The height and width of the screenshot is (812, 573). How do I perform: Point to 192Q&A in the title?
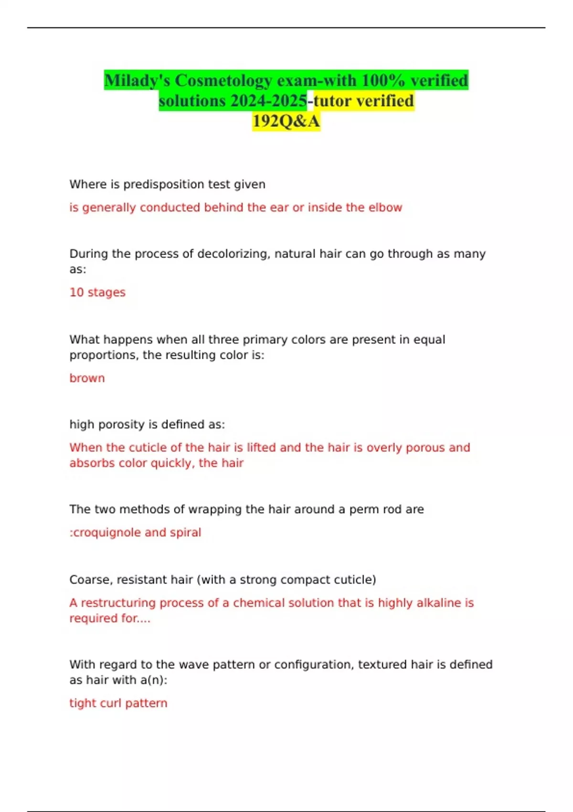click(x=286, y=121)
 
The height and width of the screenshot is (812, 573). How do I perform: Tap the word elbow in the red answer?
click(x=385, y=207)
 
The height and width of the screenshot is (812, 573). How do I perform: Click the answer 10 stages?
click(x=97, y=292)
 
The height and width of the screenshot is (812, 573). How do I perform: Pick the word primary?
click(x=262, y=340)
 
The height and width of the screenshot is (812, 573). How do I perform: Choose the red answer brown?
click(x=87, y=378)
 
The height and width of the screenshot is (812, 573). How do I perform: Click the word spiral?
click(x=185, y=532)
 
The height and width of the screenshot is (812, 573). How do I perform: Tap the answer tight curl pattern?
click(x=118, y=703)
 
